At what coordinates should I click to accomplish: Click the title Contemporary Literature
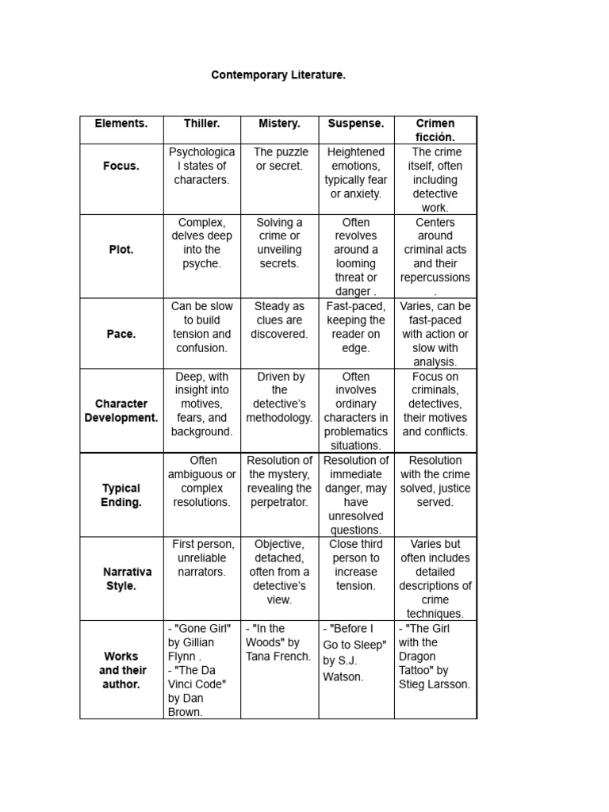[278, 75]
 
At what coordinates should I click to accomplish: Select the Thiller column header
[201, 124]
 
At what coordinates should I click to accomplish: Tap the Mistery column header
[279, 124]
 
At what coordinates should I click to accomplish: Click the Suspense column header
[356, 124]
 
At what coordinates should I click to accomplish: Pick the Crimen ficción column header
[435, 130]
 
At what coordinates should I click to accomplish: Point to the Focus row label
[121, 167]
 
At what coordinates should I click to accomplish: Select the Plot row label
[121, 250]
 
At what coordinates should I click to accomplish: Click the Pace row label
[121, 334]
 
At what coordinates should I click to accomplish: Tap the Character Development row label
[121, 411]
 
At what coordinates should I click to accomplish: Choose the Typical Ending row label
[121, 495]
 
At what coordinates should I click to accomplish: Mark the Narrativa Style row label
[121, 579]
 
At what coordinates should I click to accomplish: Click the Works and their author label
[121, 670]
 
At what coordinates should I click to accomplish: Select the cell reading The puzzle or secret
[279, 159]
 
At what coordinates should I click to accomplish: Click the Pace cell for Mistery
[279, 320]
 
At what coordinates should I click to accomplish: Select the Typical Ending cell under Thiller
[201, 481]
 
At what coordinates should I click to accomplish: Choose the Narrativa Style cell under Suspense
[356, 565]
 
